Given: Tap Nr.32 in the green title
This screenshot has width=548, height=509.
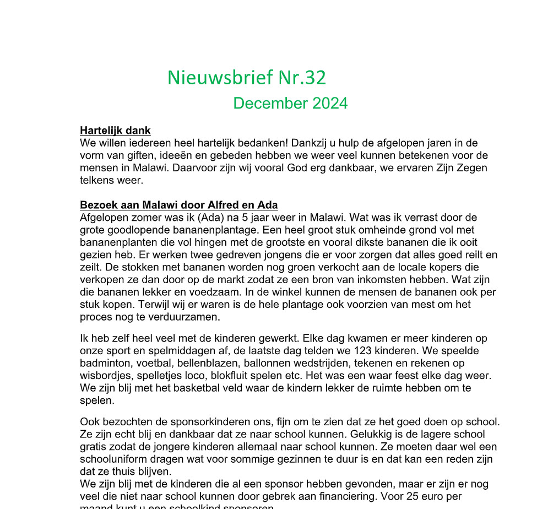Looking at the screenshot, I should click(x=302, y=78).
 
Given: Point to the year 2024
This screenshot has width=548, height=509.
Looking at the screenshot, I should click(x=330, y=103).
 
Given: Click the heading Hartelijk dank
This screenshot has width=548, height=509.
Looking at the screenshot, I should click(x=115, y=131).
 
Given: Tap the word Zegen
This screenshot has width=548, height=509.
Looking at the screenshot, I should click(x=470, y=168).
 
